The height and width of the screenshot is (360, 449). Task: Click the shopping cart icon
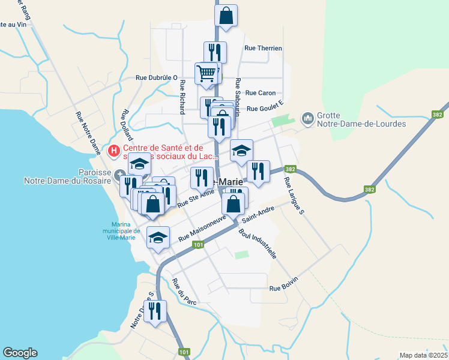pyautogui.click(x=206, y=73)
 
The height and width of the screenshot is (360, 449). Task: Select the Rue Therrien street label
pyautogui.click(x=263, y=49)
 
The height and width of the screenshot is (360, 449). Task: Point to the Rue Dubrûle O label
pyautogui.click(x=157, y=77)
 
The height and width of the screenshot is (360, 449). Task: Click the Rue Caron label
pyautogui.click(x=261, y=93)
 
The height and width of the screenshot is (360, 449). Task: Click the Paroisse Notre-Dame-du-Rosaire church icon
pyautogui.click(x=118, y=175)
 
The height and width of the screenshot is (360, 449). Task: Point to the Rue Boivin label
pyautogui.click(x=283, y=288)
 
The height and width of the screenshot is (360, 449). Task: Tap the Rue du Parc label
pyautogui.click(x=184, y=292)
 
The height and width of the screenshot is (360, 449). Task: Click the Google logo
pyautogui.click(x=20, y=353)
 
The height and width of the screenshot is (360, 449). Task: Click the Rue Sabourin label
pyautogui.click(x=238, y=97)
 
